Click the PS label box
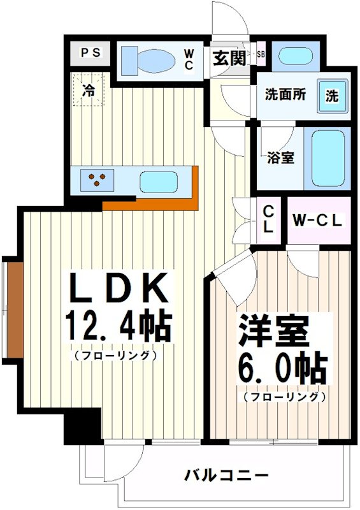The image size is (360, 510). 90,53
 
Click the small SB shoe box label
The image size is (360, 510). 261,54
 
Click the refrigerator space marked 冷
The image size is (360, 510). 89,90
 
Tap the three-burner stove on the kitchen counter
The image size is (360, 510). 97,180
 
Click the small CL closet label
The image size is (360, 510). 268,220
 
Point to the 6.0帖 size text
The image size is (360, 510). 282,368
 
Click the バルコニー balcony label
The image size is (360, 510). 226,476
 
